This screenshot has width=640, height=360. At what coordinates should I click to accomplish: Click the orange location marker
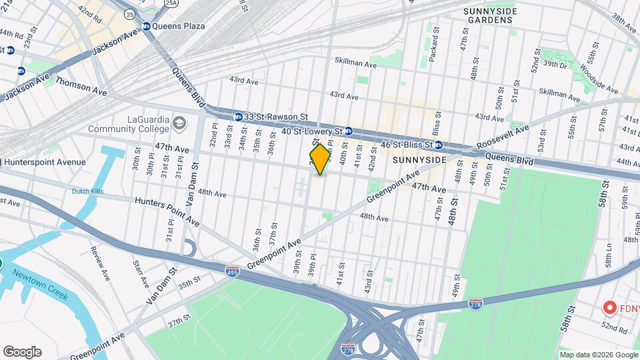pos(320,159)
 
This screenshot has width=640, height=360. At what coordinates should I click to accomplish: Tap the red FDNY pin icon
pos(609,308)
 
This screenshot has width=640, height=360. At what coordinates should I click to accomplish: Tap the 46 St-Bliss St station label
pos(399,144)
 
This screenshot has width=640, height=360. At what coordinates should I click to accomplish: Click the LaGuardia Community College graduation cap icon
pos(179,123)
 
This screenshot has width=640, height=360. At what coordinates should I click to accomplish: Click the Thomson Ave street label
pos(81,85)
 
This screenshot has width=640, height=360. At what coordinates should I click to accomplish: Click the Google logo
pos(21,352)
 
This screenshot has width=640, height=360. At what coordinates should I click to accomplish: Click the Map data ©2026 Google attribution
pos(598,355)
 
